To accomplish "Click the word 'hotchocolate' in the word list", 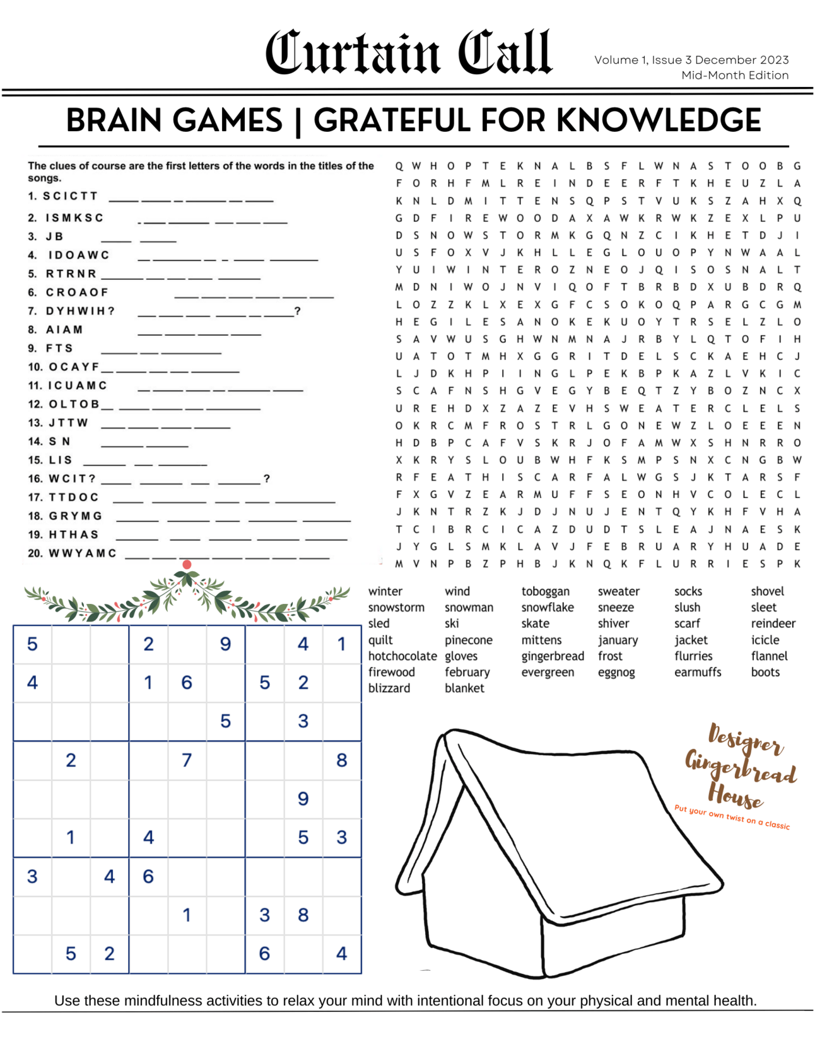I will click(402, 656).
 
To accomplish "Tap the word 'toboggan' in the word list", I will click(545, 591).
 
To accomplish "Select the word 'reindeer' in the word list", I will click(773, 623).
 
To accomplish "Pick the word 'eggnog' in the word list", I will click(616, 672).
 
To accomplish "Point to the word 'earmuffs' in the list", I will click(697, 672).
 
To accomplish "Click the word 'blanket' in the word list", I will click(464, 688).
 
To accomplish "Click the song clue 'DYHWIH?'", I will click(80, 311).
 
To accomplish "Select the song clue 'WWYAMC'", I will click(83, 553).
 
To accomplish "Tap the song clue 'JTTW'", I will click(69, 422).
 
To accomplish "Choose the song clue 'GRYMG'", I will click(76, 516).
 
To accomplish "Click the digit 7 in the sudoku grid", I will click(187, 760).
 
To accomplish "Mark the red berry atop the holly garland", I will click(187, 564).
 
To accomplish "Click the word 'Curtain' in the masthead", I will click(352, 53).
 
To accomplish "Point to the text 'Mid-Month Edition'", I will click(734, 75).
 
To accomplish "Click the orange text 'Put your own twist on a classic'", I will click(732, 816).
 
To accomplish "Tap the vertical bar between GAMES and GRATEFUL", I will click(298, 122).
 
